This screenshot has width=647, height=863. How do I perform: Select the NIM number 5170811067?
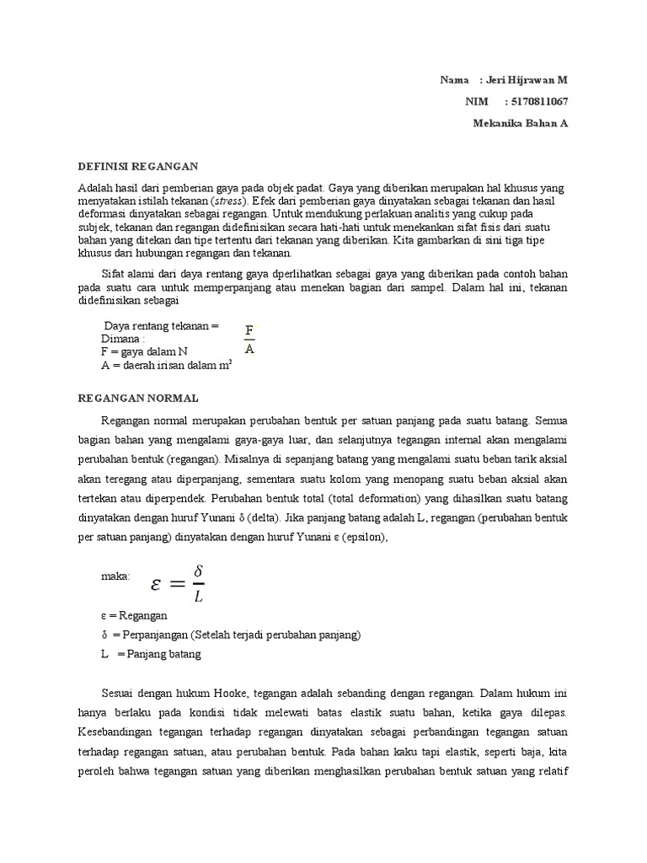536,101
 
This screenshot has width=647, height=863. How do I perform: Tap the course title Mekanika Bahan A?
521,123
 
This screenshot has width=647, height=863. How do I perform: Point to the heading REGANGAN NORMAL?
138,398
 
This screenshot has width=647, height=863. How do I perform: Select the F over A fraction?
249,339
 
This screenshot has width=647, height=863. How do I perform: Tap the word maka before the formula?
115,577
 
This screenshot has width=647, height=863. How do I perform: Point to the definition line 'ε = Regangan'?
134,616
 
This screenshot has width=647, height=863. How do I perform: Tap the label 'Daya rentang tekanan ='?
161,326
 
